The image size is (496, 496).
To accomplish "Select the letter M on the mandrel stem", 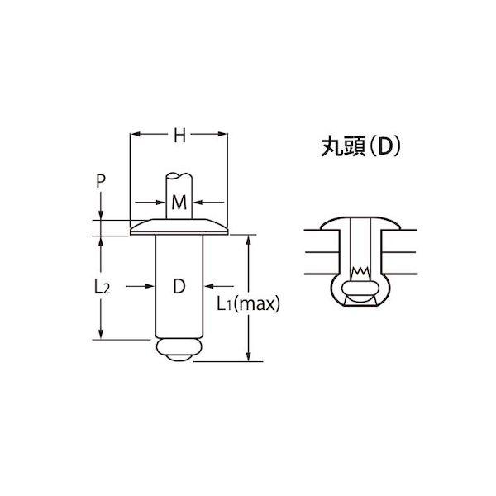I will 179,202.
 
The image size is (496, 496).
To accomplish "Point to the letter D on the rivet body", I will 179,287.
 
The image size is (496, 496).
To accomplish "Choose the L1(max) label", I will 249,303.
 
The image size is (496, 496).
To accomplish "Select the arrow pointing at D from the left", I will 152,286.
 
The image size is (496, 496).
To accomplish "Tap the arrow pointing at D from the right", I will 207,286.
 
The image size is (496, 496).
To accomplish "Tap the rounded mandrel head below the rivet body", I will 179,349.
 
